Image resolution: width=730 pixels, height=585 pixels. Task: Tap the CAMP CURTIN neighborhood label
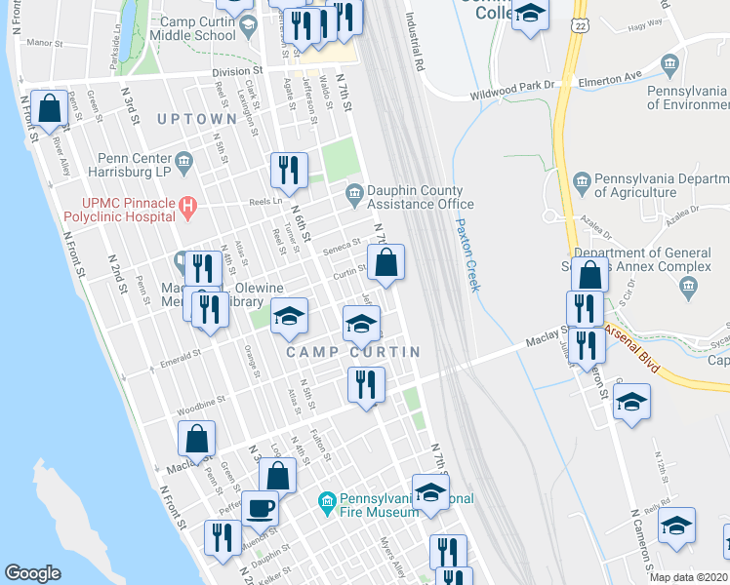(353, 351)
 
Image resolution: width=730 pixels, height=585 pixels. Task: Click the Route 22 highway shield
(582, 22)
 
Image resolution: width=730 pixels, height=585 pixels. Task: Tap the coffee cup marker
(261, 508)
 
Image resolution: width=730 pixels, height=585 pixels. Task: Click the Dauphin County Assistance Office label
(420, 197)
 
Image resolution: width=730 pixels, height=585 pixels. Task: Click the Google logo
(32, 573)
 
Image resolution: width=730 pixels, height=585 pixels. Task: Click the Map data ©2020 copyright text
(687, 577)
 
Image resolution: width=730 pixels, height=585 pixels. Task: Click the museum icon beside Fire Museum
(327, 502)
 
